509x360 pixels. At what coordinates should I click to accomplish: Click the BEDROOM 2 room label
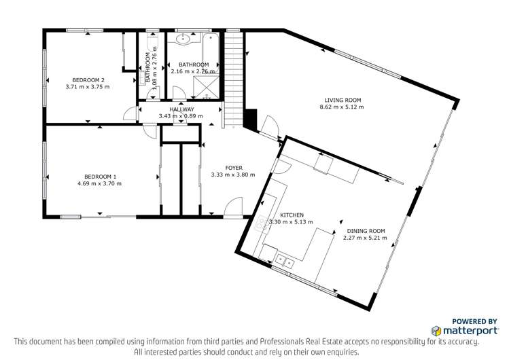87,79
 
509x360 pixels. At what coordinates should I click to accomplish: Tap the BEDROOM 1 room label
97,176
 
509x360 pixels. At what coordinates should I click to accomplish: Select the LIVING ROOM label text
343,99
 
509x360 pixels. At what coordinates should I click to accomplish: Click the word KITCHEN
291,215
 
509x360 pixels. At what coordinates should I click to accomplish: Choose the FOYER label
233,167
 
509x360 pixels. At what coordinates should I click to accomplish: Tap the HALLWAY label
181,109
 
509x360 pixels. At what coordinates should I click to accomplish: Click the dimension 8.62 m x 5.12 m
343,107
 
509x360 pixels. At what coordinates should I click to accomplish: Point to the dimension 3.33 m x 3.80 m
233,175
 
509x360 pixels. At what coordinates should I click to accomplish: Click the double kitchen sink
285,259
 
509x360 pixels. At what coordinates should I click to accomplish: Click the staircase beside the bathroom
233,75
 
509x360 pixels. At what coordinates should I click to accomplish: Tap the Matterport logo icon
437,331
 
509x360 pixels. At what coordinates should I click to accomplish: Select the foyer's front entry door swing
235,206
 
